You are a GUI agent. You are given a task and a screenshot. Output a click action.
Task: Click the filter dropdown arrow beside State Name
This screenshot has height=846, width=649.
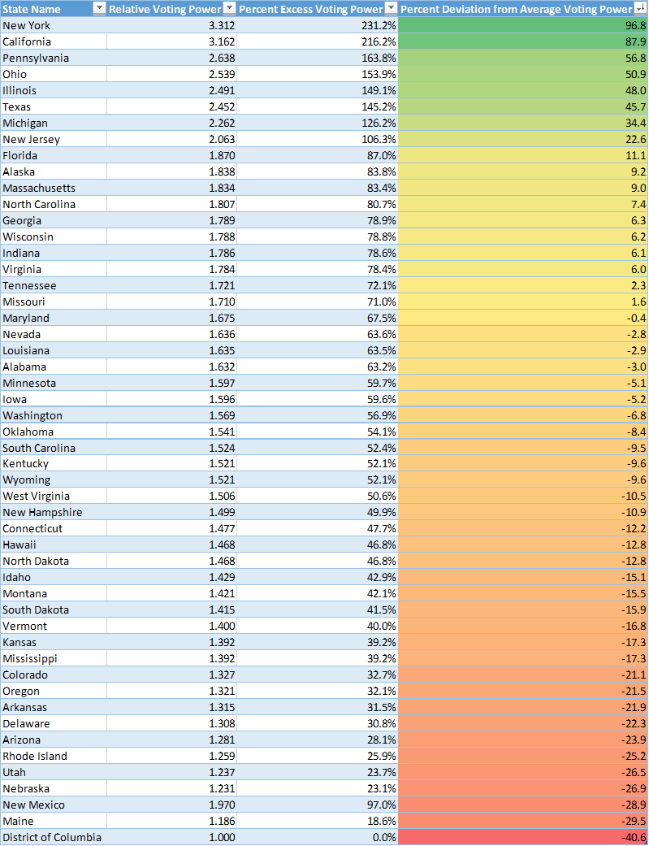click(99, 9)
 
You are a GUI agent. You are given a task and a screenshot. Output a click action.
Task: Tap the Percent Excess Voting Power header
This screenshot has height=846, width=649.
click(310, 9)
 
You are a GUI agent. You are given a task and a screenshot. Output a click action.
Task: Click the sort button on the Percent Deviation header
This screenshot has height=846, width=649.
click(639, 9)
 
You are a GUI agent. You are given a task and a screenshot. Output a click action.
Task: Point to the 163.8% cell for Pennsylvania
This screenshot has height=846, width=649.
click(379, 58)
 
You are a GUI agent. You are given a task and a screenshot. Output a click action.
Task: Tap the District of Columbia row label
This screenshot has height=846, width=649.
click(52, 837)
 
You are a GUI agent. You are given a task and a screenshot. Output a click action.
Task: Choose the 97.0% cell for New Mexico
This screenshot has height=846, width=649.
click(381, 805)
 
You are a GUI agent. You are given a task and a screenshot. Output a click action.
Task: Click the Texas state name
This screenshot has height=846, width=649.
click(17, 106)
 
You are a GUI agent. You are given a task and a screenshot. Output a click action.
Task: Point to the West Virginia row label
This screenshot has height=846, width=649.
click(36, 496)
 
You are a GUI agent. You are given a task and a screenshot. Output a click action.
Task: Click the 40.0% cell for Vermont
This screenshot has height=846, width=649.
click(381, 626)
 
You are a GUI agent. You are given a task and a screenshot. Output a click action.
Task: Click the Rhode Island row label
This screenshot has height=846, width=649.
click(35, 756)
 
